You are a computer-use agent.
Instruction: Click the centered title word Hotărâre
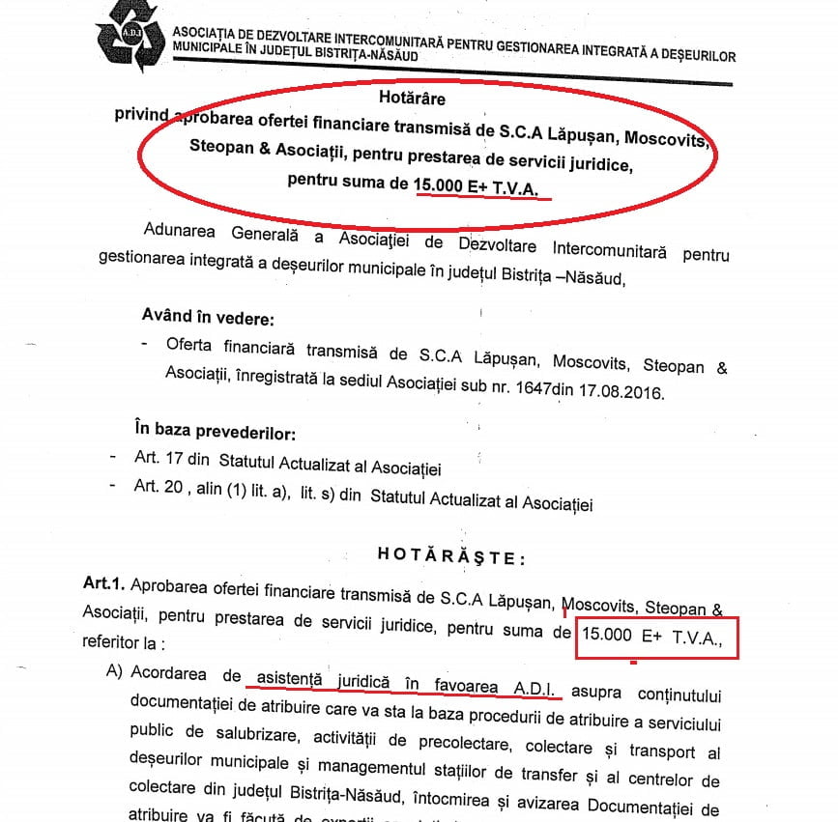[419, 98]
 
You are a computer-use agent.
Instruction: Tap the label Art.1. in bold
[103, 585]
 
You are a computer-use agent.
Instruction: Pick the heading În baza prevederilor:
[215, 429]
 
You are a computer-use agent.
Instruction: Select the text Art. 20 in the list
[160, 502]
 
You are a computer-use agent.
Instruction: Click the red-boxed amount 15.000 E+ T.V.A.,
[656, 637]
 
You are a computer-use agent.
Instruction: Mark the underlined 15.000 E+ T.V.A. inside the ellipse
[481, 184]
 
